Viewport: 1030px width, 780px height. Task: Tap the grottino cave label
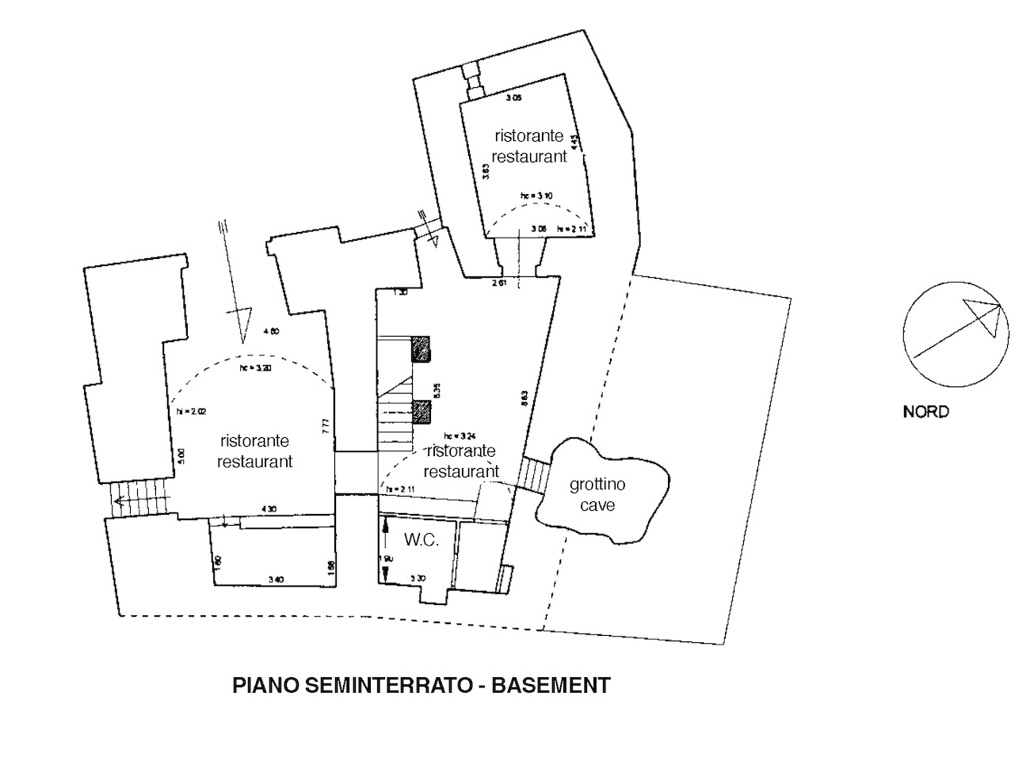point(597,494)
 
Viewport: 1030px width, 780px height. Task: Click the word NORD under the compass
point(925,412)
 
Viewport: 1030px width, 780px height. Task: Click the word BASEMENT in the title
point(551,684)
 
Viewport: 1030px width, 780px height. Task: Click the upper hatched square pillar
point(421,348)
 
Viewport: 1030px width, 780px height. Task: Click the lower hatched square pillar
point(421,412)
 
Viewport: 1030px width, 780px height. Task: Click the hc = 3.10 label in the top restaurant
point(536,195)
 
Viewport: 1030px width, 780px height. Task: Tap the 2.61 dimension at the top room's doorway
point(498,283)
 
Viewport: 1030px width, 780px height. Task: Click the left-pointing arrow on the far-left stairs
point(119,500)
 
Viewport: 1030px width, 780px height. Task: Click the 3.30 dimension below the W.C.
point(418,578)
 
